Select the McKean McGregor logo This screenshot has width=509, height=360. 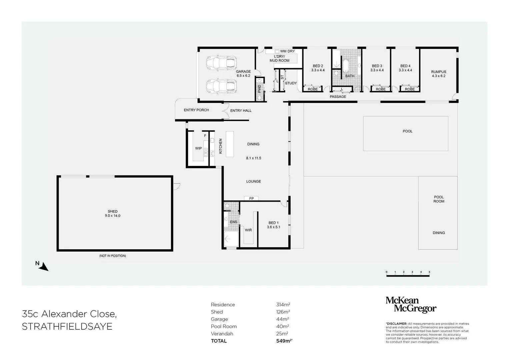point(411,305)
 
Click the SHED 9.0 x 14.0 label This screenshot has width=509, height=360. point(112,213)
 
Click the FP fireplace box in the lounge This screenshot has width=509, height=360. point(251,198)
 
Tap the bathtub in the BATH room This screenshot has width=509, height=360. point(345,66)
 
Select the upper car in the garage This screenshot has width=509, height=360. point(222,63)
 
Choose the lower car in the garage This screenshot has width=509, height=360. point(222,86)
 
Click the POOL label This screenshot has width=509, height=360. point(407,131)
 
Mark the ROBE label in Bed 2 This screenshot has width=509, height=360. point(313,89)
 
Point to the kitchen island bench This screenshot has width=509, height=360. point(230,144)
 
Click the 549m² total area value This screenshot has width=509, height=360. point(284,341)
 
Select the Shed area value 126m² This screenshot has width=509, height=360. point(283,312)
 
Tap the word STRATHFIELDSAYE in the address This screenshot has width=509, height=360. point(67,326)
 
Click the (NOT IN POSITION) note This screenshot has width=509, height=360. point(112,256)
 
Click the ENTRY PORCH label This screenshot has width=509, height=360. point(196,110)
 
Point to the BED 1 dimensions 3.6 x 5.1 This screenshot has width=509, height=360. point(273,227)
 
